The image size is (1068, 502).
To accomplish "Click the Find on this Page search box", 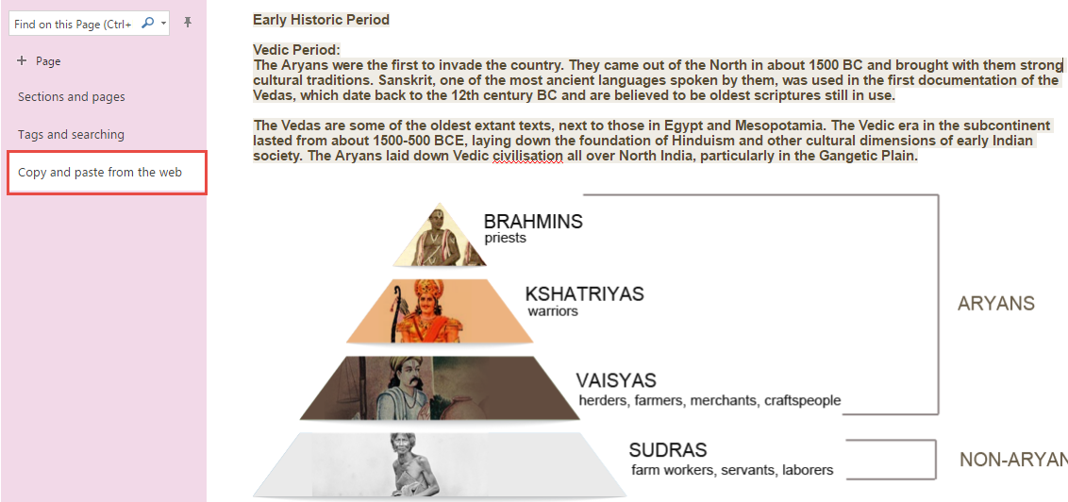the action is [x=89, y=24].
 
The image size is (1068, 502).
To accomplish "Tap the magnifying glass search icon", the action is [x=146, y=24].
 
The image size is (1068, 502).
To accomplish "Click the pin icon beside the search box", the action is [x=188, y=24].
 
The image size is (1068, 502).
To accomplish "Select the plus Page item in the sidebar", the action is [x=40, y=61].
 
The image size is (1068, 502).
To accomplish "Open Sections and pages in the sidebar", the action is [x=72, y=97].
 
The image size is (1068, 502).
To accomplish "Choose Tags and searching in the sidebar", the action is [x=71, y=134].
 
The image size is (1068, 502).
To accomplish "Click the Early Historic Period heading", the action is [x=321, y=20].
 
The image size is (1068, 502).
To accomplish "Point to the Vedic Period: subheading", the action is [x=296, y=50].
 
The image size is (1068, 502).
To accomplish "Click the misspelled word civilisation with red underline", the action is [x=527, y=156].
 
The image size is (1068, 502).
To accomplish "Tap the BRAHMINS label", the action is [x=533, y=222].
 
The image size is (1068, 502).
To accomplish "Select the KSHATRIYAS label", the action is [x=584, y=293].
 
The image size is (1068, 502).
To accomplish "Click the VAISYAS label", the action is [x=616, y=379].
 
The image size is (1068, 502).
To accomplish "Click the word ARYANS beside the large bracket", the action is [x=995, y=304].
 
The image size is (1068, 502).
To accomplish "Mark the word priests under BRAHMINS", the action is [x=506, y=239].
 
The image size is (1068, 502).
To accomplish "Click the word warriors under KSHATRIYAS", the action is [x=553, y=311].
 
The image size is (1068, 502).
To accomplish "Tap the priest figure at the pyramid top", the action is [x=441, y=236].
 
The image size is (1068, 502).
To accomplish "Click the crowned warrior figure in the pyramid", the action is [x=424, y=311].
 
